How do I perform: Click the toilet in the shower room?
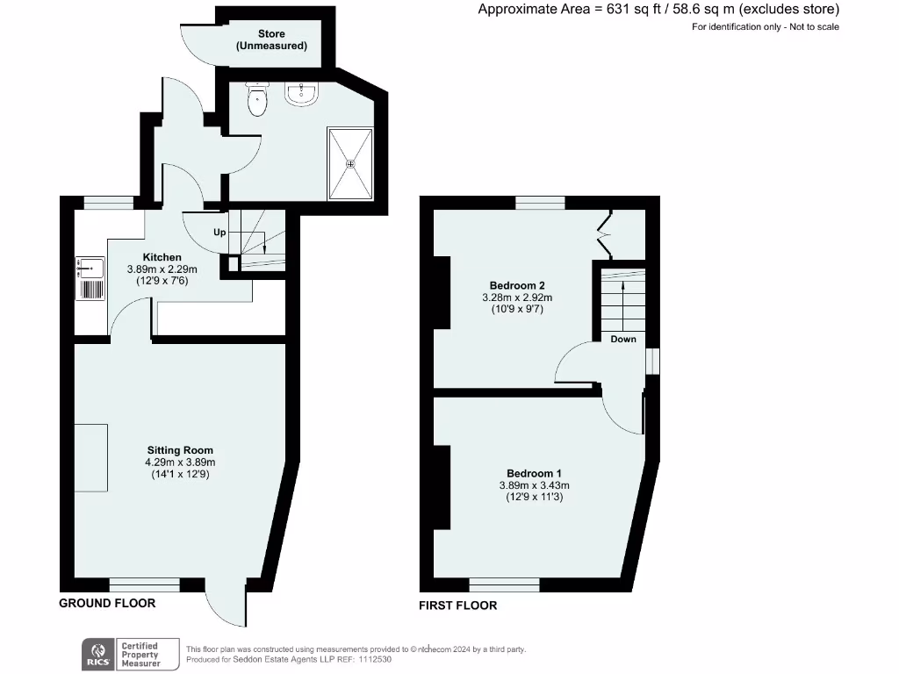coord(256,100)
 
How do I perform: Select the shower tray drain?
coord(350,163)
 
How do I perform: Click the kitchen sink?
coord(92,266)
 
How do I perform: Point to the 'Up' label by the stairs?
coord(219,233)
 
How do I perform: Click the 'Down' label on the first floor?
coord(623,339)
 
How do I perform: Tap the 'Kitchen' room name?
coord(162,257)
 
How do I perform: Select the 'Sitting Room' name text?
coord(179,450)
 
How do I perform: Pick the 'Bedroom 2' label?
coord(517,285)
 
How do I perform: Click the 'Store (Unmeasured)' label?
coord(271,39)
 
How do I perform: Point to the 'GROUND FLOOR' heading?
coord(107,603)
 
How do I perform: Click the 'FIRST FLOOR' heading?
coord(457,606)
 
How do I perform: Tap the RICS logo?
coord(97,655)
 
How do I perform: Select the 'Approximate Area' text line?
coord(658,10)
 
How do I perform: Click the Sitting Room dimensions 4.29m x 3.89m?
coord(179,462)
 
